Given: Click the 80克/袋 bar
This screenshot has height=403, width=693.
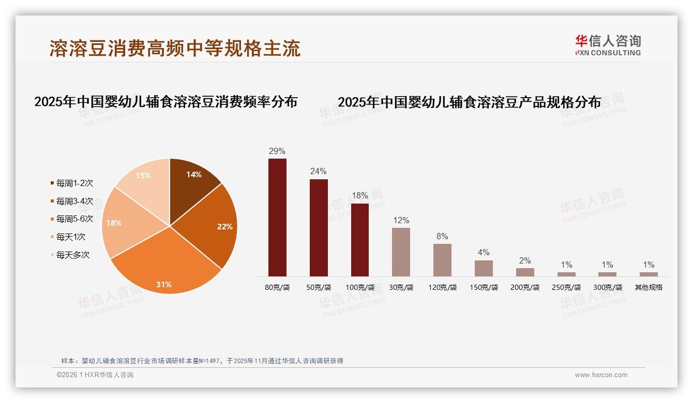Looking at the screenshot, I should click(x=277, y=217).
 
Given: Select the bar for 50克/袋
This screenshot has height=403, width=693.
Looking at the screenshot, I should click(x=319, y=227).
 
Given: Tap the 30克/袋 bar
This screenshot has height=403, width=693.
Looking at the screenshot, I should click(x=401, y=252).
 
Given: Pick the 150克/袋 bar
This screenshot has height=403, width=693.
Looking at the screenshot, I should click(x=484, y=268).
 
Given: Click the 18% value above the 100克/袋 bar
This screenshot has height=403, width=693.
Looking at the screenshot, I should click(x=359, y=196).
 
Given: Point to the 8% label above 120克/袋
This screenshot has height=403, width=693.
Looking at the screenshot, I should click(x=442, y=237).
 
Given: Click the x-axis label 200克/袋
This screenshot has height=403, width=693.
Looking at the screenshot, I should click(x=525, y=287).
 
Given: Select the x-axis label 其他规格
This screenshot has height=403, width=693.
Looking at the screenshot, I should click(x=649, y=287).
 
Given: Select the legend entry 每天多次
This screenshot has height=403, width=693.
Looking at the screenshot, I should click(x=72, y=255).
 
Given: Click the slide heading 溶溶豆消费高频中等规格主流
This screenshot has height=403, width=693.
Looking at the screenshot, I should click(x=175, y=49).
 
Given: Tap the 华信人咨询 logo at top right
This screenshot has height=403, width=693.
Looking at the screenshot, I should click(x=608, y=45).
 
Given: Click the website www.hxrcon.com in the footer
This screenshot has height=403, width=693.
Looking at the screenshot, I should click(x=601, y=375).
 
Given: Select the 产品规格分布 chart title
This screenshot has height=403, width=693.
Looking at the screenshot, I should click(x=469, y=102).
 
